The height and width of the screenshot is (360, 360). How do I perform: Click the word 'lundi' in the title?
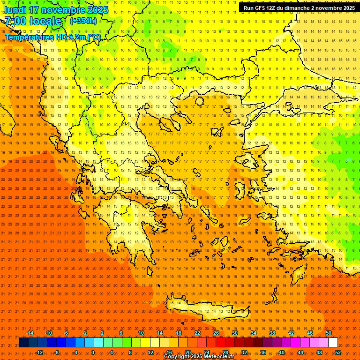click(x=15, y=10)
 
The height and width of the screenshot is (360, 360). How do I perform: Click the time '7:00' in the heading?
click(x=15, y=21)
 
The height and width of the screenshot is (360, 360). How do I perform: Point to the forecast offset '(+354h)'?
click(x=83, y=21)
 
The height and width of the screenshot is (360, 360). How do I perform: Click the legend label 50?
click(x=329, y=333)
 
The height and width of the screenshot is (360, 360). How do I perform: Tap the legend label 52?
click(x=338, y=352)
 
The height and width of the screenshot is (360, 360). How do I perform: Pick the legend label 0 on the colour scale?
click(x=93, y=352)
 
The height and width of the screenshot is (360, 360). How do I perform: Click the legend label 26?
click(x=216, y=333)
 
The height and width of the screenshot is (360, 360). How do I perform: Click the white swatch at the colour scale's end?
click(x=333, y=343)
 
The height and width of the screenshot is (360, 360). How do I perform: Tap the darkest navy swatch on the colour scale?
click(x=23, y=343)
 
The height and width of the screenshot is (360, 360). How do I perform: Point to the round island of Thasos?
click(x=199, y=101)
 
